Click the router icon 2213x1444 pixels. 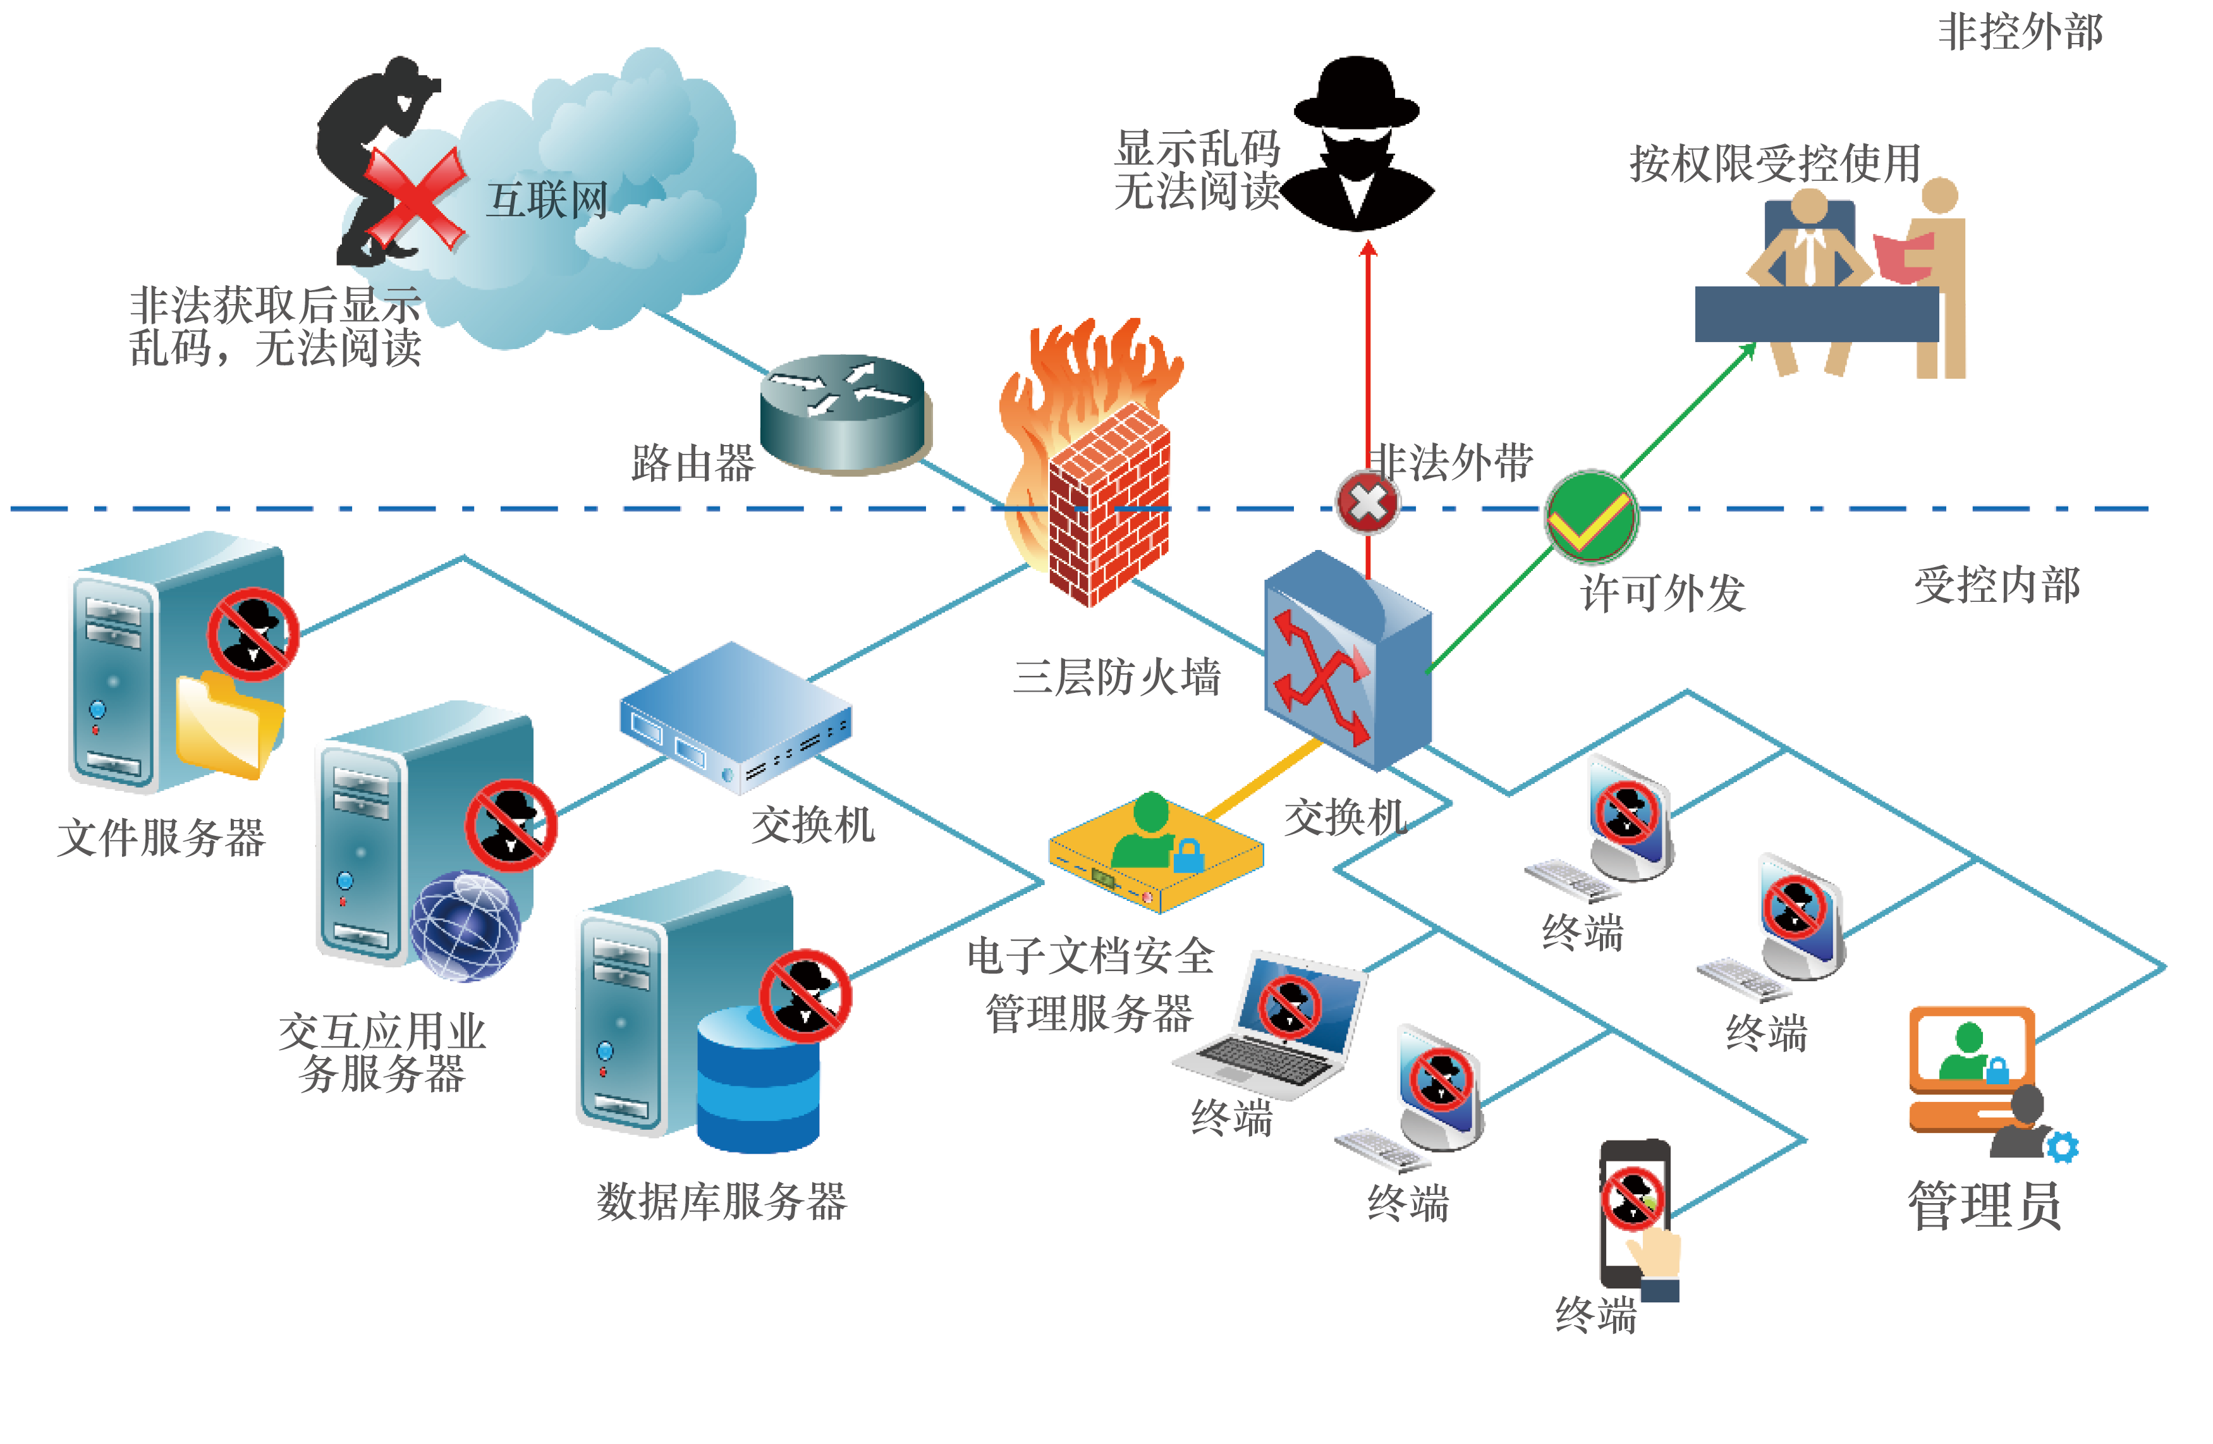click(844, 413)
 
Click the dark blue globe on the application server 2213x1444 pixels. click(465, 925)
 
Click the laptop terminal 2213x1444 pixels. click(1274, 1027)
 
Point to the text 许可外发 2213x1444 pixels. click(1662, 592)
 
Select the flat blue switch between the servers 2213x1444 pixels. click(735, 716)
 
